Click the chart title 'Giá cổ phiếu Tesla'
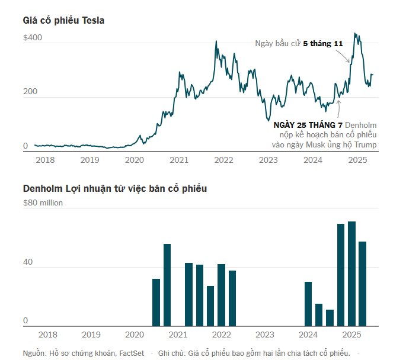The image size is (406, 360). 64,21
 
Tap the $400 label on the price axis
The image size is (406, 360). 33,38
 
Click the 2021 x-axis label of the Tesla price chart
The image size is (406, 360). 179,160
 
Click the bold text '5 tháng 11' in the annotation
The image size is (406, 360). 322,43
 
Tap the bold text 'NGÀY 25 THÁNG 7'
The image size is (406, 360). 308,126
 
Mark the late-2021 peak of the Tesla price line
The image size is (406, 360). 216,41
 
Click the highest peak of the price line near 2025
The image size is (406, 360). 355,34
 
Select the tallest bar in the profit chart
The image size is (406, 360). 351,274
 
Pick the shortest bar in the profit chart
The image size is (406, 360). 330,317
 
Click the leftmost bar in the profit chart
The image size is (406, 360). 156,302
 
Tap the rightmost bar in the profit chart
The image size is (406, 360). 362,284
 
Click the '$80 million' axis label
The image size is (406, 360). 43,202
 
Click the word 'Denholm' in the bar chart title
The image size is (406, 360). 43,188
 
